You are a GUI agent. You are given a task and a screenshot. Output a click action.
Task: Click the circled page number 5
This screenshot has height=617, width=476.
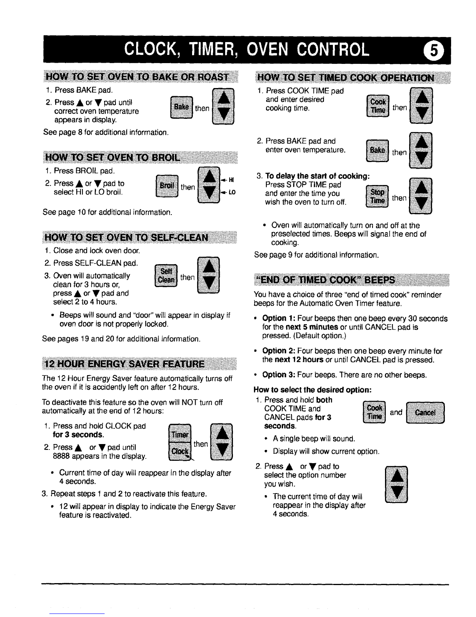click(434, 51)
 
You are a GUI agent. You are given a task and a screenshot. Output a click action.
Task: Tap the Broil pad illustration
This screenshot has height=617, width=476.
click(167, 186)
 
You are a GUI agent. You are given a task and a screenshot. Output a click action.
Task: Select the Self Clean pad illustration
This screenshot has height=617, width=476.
click(166, 275)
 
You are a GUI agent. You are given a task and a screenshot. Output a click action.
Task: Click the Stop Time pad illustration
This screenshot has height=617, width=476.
click(377, 196)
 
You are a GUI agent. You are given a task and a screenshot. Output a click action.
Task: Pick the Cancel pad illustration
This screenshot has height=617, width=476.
click(425, 413)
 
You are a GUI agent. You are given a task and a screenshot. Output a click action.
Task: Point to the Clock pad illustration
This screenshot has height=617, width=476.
click(180, 451)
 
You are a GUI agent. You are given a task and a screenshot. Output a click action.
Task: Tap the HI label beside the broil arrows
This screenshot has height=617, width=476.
click(231, 180)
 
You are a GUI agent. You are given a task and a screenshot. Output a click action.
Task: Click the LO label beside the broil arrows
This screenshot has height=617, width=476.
click(232, 192)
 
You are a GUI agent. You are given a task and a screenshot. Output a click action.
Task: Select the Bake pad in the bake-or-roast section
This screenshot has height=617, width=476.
click(182, 108)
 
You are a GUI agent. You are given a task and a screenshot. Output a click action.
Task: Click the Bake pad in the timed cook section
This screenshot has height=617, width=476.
click(377, 150)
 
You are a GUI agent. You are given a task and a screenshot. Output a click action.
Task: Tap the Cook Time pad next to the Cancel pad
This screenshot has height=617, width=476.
click(374, 412)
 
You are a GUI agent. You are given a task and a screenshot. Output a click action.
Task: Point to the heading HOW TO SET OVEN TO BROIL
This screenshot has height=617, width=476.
click(112, 157)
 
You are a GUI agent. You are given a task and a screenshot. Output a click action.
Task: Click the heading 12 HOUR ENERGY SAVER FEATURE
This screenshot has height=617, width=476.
click(125, 364)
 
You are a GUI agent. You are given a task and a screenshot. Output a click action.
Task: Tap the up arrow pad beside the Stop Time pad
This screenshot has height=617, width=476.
click(421, 187)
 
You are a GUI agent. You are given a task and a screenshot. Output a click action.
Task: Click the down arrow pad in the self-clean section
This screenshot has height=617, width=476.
click(209, 283)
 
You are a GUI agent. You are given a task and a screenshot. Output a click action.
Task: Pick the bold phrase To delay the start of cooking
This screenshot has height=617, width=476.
click(317, 176)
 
